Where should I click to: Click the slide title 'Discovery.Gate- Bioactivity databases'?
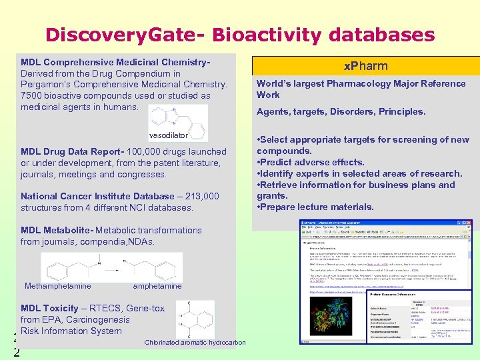tap(240, 34)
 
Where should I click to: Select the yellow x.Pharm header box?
tap(365, 66)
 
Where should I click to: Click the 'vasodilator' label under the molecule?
tap(169, 135)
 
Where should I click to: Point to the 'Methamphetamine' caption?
tap(57, 286)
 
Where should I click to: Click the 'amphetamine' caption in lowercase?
tap(157, 286)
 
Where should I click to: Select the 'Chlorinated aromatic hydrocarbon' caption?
tap(195, 343)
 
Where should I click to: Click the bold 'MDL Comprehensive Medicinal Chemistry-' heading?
tap(115, 62)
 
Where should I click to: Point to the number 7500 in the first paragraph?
tap(33, 95)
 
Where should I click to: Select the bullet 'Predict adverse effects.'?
tap(311, 162)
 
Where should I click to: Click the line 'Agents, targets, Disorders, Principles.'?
tap(341, 111)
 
